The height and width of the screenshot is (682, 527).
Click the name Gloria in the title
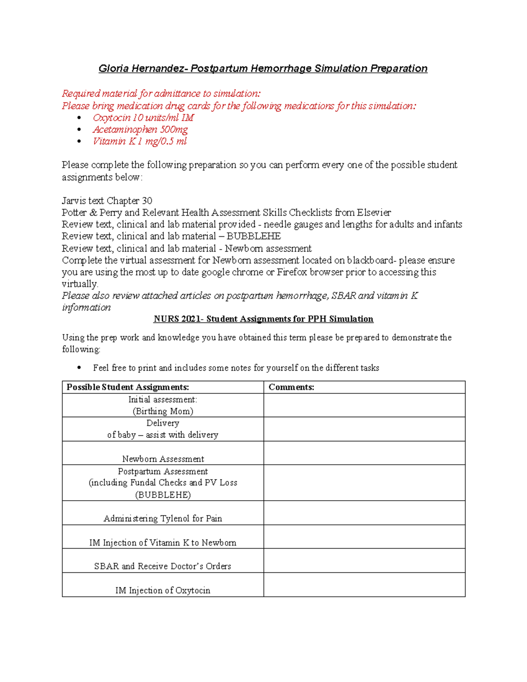click(x=113, y=69)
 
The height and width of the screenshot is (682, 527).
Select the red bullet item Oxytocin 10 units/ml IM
click(x=143, y=118)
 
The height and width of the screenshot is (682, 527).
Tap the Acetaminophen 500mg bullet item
click(x=140, y=130)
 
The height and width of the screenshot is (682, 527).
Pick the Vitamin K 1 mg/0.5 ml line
click(x=140, y=141)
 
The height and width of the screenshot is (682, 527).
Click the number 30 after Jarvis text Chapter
click(x=147, y=201)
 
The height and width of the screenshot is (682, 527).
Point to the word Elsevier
click(x=374, y=213)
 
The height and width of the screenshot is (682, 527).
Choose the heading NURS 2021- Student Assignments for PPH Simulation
click(x=263, y=319)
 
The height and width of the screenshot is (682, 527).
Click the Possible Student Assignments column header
click(x=128, y=387)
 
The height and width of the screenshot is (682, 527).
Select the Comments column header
click(x=291, y=387)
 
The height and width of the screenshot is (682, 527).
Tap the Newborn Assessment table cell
click(x=163, y=459)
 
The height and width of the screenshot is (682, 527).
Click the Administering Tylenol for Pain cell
click(x=163, y=519)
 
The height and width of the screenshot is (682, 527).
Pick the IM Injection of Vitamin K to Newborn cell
click(x=163, y=543)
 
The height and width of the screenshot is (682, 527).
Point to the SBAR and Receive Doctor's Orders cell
click(x=163, y=567)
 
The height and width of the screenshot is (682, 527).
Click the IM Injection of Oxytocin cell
click(x=163, y=591)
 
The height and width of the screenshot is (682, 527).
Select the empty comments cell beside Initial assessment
click(x=364, y=405)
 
